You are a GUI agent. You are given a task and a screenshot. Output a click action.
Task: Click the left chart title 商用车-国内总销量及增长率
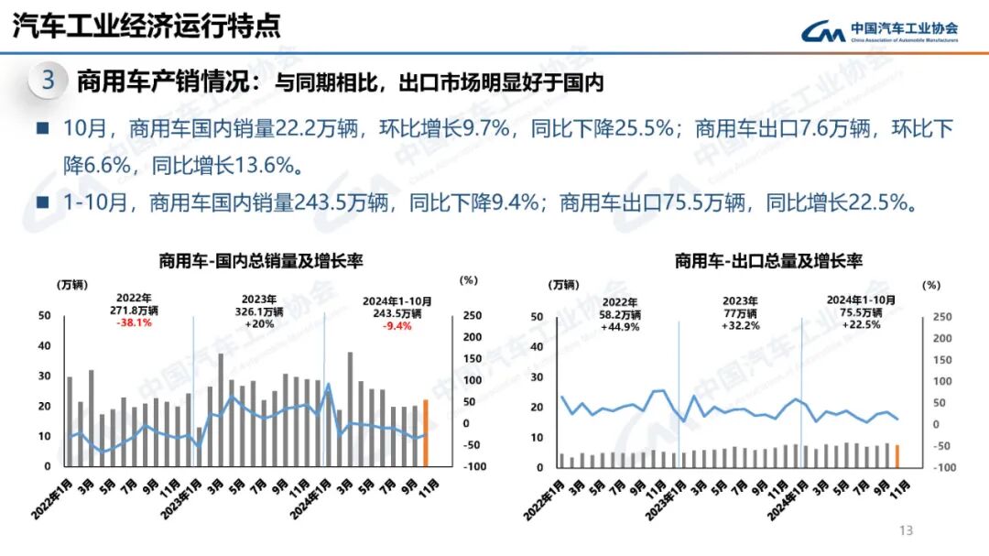[x=261, y=261]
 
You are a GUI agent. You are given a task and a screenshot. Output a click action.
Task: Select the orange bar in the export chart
[x=897, y=455]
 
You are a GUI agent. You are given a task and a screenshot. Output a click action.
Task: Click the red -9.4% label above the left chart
[x=397, y=323]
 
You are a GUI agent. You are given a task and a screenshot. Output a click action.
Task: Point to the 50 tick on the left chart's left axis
[x=44, y=315]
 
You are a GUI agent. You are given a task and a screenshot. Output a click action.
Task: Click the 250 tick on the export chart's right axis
[x=942, y=317]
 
